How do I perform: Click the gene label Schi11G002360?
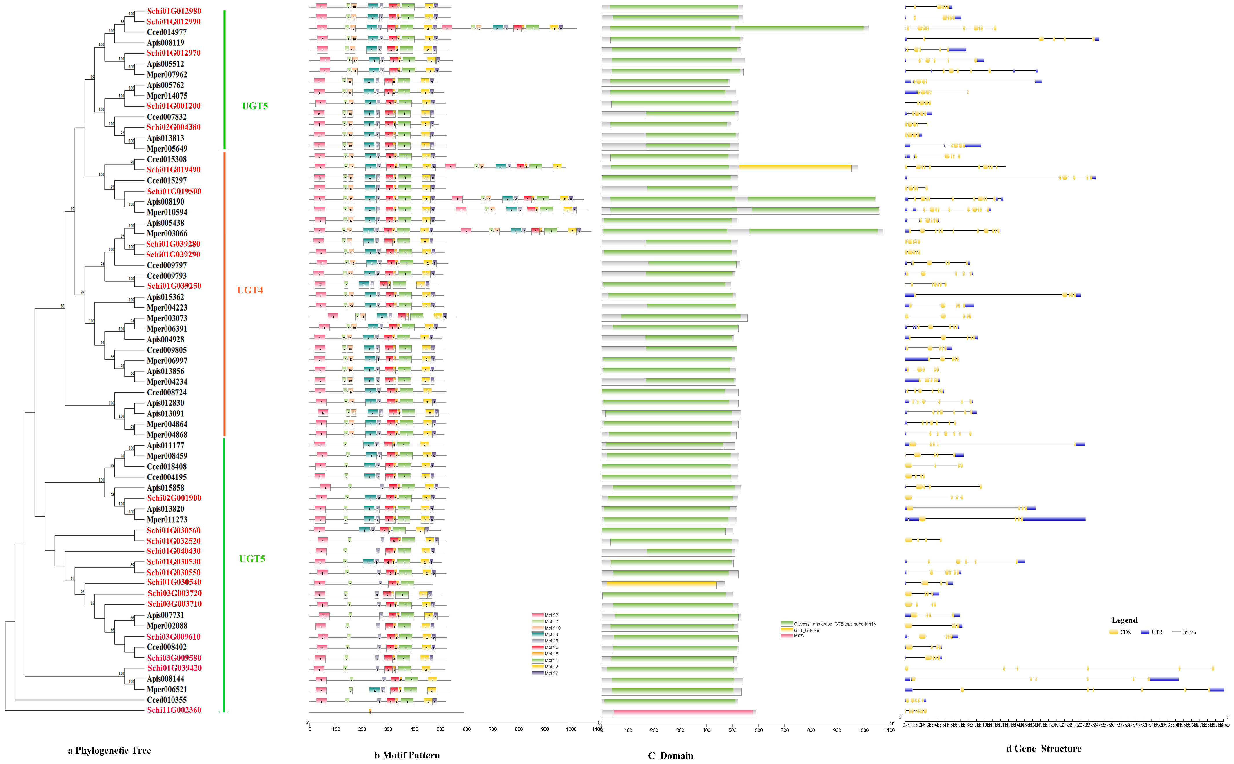click(174, 710)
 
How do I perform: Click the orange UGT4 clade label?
click(250, 290)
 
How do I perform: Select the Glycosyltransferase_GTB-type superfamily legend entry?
click(829, 624)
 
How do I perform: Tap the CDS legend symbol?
click(1114, 632)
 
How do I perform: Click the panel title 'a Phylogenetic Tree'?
click(109, 750)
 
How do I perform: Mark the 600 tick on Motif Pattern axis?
click(466, 729)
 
